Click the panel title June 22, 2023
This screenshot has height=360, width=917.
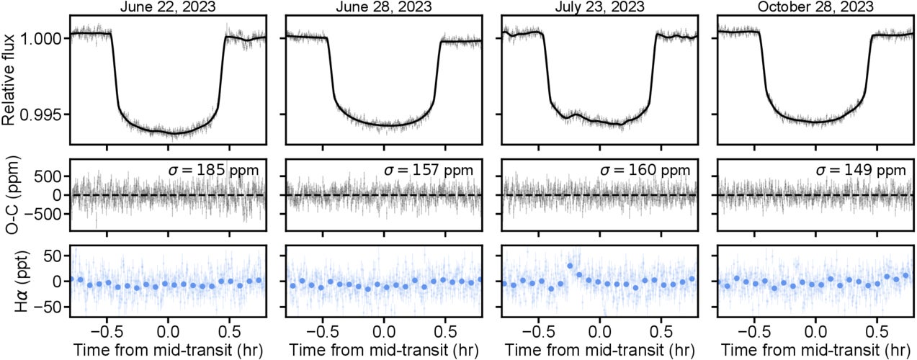click(x=167, y=6)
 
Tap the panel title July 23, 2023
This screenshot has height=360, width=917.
click(x=599, y=6)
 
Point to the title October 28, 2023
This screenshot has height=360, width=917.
click(x=815, y=6)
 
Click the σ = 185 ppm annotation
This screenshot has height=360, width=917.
click(x=215, y=171)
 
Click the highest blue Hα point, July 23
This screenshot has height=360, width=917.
click(x=570, y=266)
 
